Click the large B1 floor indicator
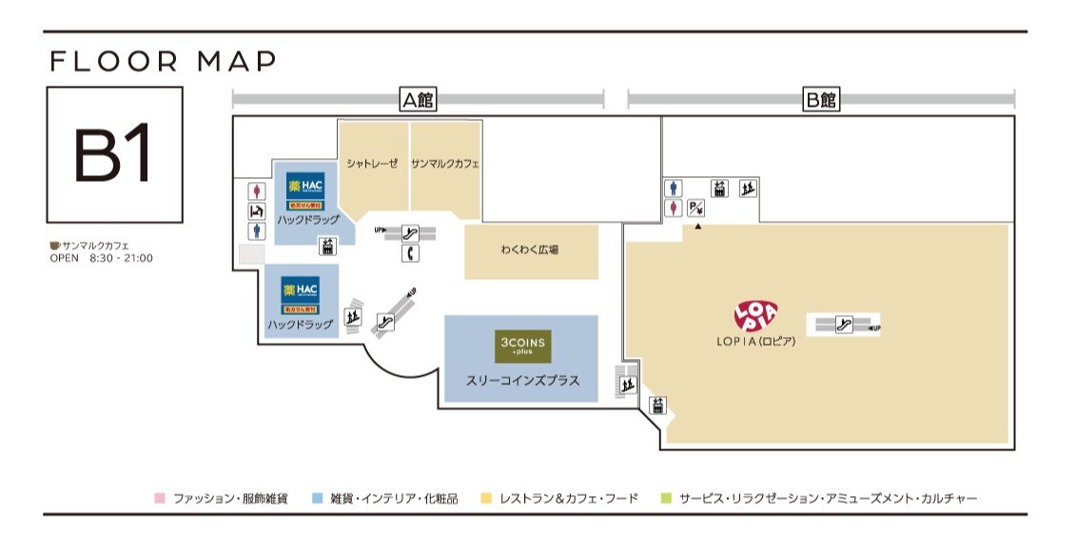click(114, 155)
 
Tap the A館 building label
click(418, 99)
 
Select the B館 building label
click(820, 99)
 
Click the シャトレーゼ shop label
click(372, 164)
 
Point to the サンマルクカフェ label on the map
click(445, 164)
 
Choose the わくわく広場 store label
click(530, 250)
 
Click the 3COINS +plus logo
click(521, 345)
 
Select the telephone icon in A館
click(411, 253)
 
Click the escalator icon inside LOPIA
click(843, 325)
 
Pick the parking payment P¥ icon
click(696, 208)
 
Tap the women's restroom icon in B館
click(674, 208)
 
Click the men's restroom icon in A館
click(256, 231)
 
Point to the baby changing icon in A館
click(256, 210)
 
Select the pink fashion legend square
click(160, 498)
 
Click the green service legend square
click(666, 498)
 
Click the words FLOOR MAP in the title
click(163, 62)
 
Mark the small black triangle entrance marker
click(697, 227)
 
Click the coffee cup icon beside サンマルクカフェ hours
click(55, 245)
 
